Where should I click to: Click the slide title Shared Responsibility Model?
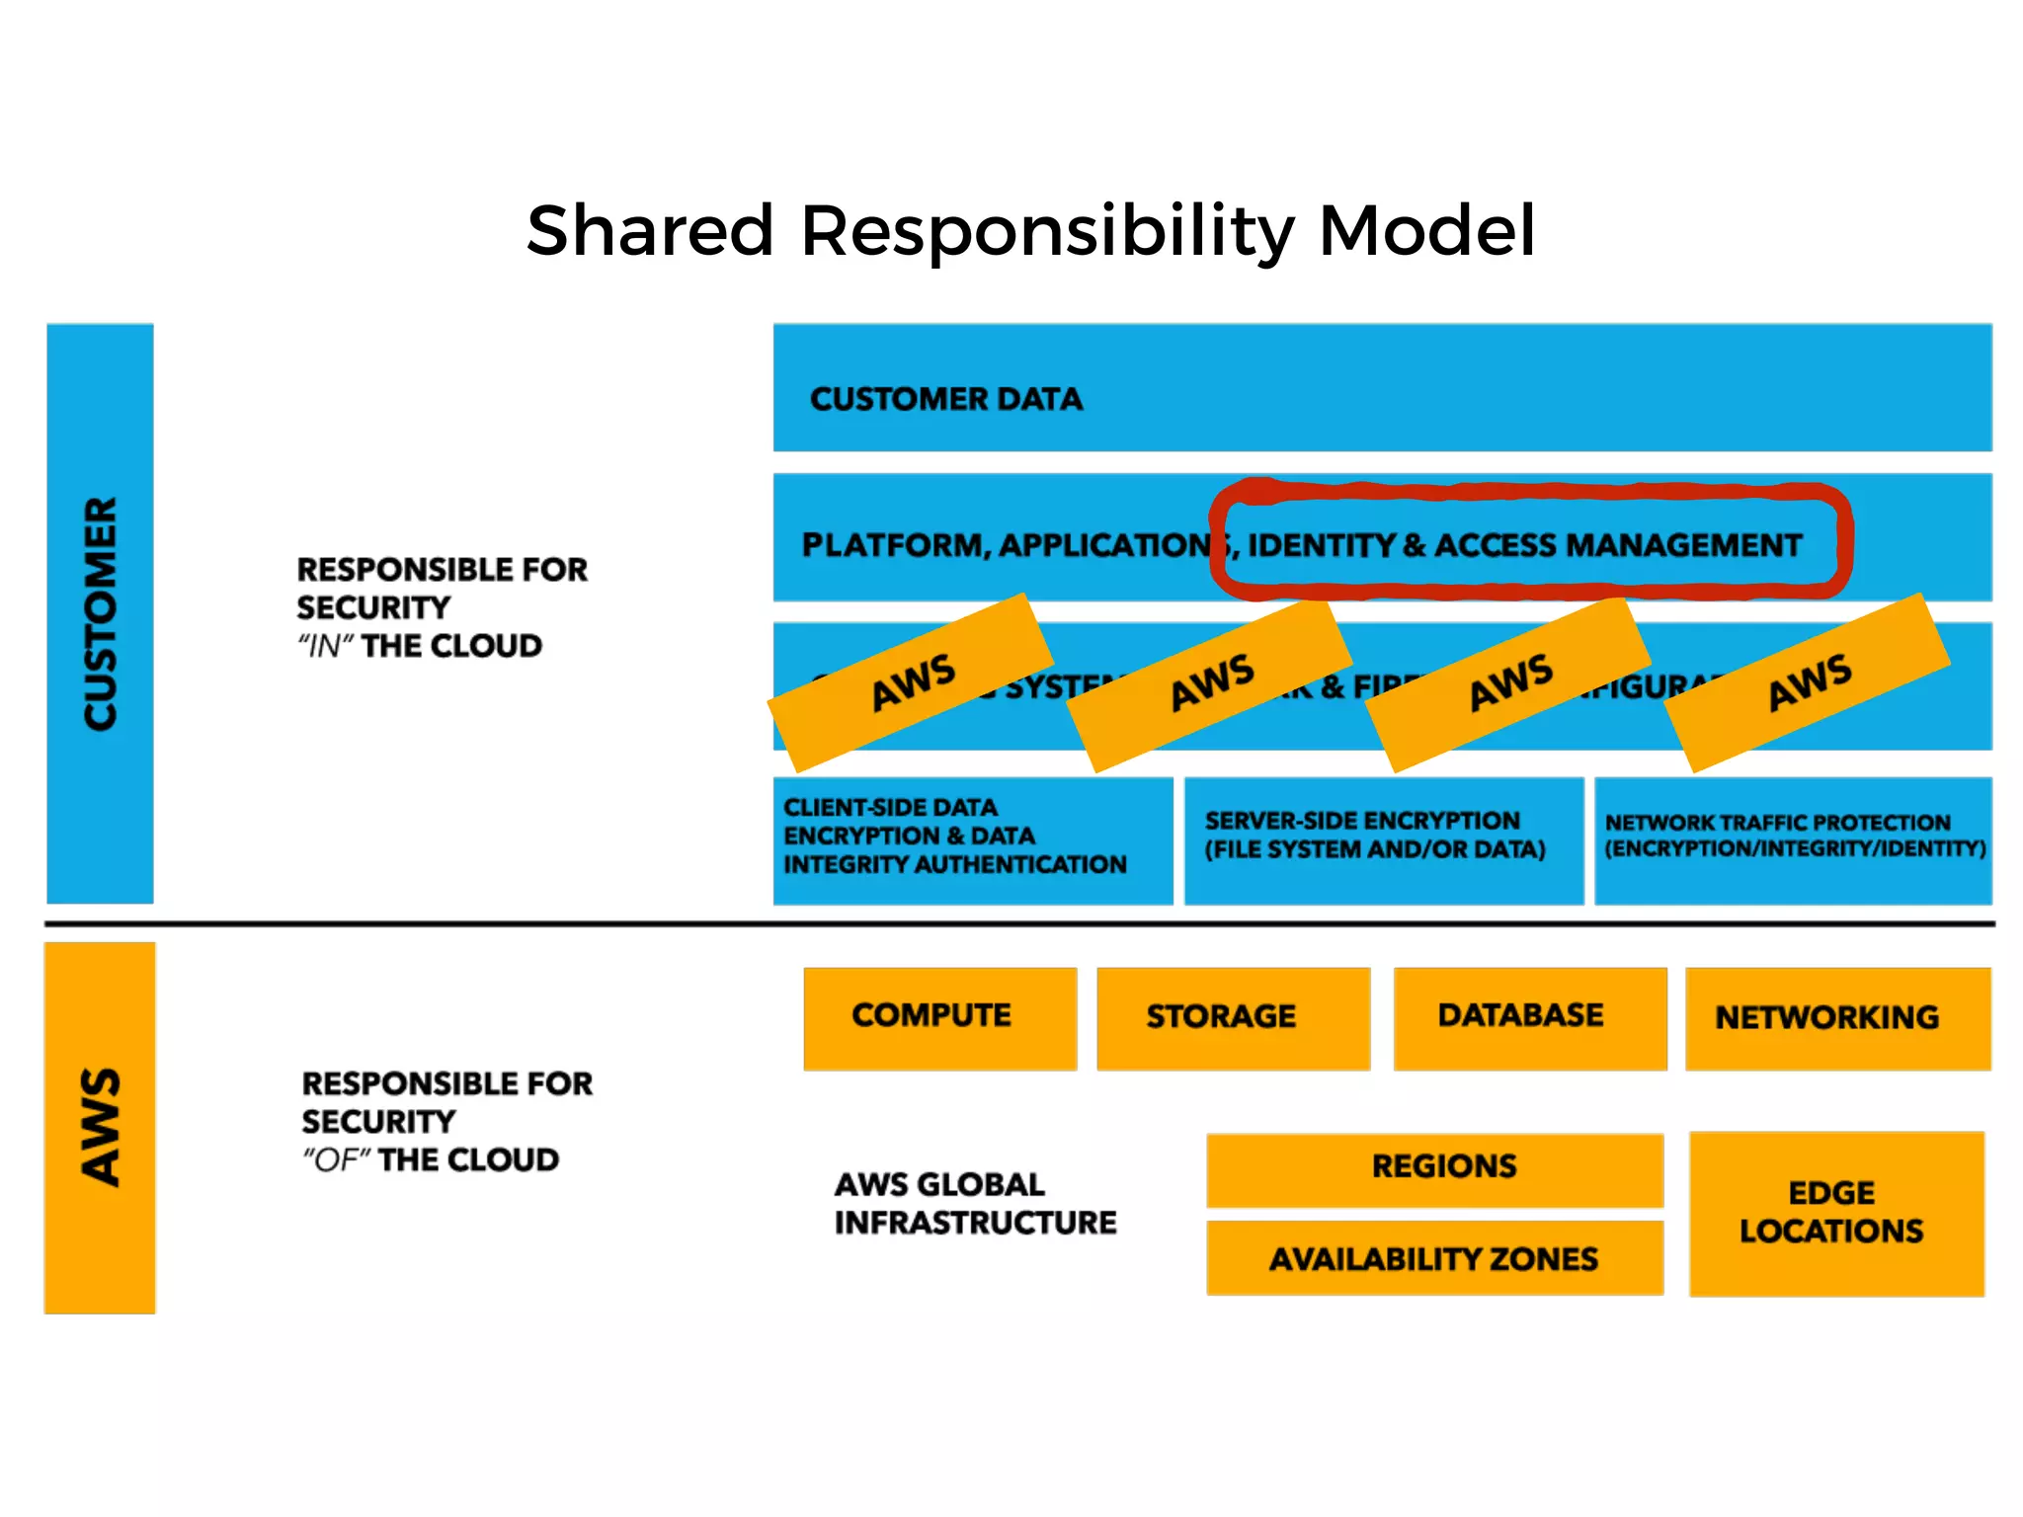(1030, 231)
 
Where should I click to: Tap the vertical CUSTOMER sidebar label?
(100, 613)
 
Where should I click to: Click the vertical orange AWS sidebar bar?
(100, 1127)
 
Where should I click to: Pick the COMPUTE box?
(939, 1017)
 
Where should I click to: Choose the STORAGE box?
(1233, 1017)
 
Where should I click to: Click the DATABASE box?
(1529, 1017)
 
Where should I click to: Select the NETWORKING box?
(1837, 1018)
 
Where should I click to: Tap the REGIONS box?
(1434, 1168)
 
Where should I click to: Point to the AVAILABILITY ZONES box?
(1434, 1258)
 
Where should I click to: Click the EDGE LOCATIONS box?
(1836, 1213)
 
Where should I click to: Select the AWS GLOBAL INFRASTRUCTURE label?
(975, 1204)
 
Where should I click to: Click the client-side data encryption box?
(972, 839)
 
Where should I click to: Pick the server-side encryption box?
(1383, 839)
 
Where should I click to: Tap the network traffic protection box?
(1793, 839)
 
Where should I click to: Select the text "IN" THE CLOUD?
(420, 647)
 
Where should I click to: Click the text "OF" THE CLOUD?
(431, 1160)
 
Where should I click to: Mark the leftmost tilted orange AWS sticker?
(911, 682)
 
